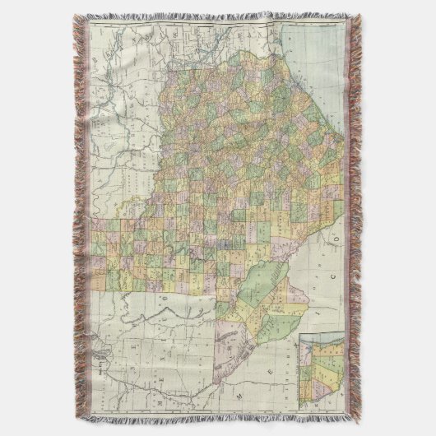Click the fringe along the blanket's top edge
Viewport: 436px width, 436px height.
tap(218, 16)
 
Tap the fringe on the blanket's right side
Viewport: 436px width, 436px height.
tap(355, 218)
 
